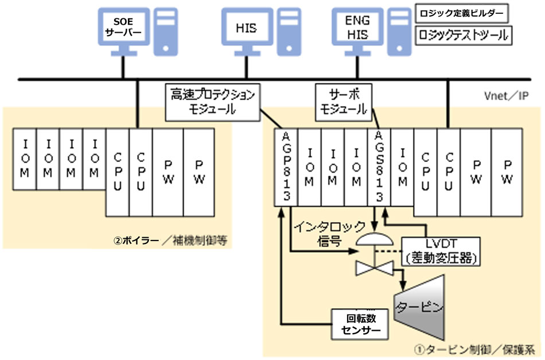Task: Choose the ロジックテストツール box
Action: [x=462, y=34]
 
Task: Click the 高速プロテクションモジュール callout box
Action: [x=212, y=102]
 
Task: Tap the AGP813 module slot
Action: [x=286, y=166]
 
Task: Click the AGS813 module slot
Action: [x=377, y=166]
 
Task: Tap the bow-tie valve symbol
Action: [x=373, y=268]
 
